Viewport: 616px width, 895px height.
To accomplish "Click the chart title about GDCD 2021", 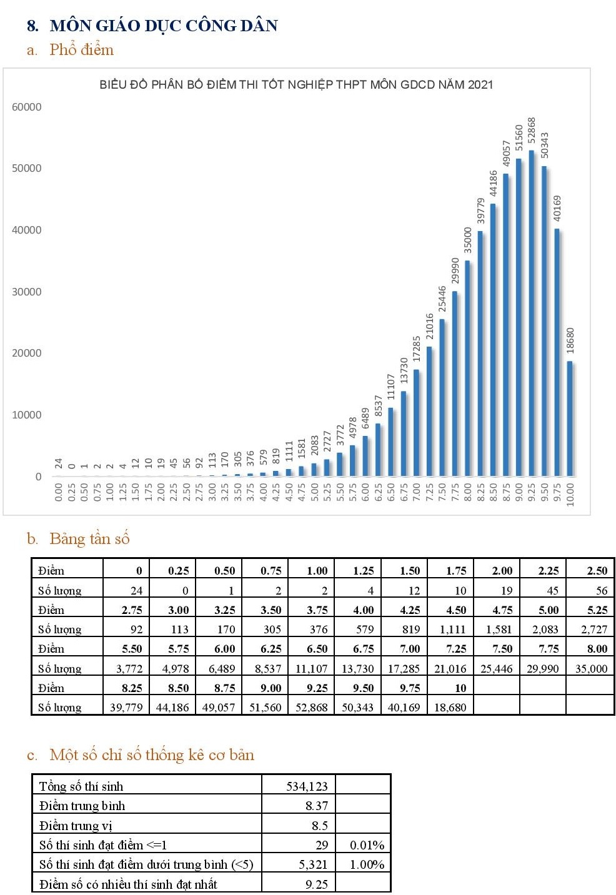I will pos(296,85).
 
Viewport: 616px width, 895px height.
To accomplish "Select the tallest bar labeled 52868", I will pos(532,312).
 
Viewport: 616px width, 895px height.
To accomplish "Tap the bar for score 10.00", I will pos(570,418).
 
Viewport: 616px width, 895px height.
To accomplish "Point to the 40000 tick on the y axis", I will pos(27,230).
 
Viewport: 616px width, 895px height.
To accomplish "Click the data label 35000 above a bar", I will pos(468,240).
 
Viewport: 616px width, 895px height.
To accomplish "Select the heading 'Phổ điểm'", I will pos(81,50).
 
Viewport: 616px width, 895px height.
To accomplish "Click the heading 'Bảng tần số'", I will pos(89,539).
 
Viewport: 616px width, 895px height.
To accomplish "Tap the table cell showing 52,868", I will pos(311,707).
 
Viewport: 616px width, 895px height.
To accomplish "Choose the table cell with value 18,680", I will pos(450,707).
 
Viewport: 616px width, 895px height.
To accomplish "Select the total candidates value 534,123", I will pos(307,786).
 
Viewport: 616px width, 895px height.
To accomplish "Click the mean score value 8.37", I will pos(317,806).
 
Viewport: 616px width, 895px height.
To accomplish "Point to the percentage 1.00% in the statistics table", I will pos(367,864).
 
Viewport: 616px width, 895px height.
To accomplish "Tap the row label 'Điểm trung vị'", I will pos(76,826).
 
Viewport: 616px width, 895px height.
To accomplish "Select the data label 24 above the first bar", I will pos(59,463).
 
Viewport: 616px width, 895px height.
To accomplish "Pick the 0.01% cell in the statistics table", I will pos(367,845).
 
